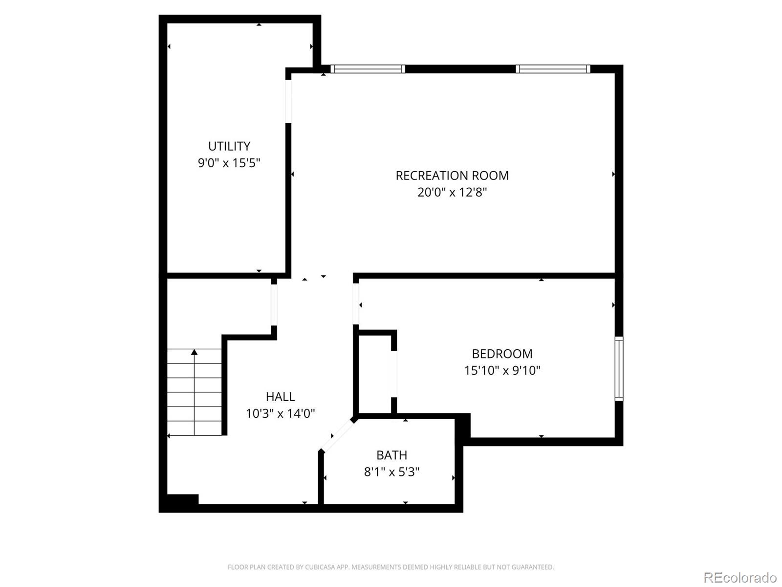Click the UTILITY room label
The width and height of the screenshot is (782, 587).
pos(229,146)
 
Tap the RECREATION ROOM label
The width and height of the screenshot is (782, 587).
pos(452,175)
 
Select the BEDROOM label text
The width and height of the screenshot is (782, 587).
pos(502,354)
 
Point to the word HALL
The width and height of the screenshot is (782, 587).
pos(280,396)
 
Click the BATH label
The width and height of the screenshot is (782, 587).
pos(391,455)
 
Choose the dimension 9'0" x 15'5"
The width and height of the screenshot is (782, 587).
pos(229,163)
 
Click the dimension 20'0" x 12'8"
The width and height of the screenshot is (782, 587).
pos(452,192)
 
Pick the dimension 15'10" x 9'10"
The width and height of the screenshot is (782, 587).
pos(502,370)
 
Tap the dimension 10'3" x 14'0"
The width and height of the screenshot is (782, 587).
pos(280,413)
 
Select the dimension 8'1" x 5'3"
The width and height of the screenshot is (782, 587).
pos(391,472)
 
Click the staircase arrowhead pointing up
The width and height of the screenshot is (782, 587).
pos(194,352)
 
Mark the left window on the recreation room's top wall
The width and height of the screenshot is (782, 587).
pos(368,69)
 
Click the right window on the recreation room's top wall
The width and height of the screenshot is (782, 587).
pos(553,69)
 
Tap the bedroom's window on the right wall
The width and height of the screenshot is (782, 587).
pos(619,368)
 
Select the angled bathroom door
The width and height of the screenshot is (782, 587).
pos(337,435)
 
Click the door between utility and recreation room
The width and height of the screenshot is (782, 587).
pos(288,102)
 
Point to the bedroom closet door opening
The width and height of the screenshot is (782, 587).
pos(394,374)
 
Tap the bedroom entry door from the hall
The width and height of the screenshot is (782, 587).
pos(355,304)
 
